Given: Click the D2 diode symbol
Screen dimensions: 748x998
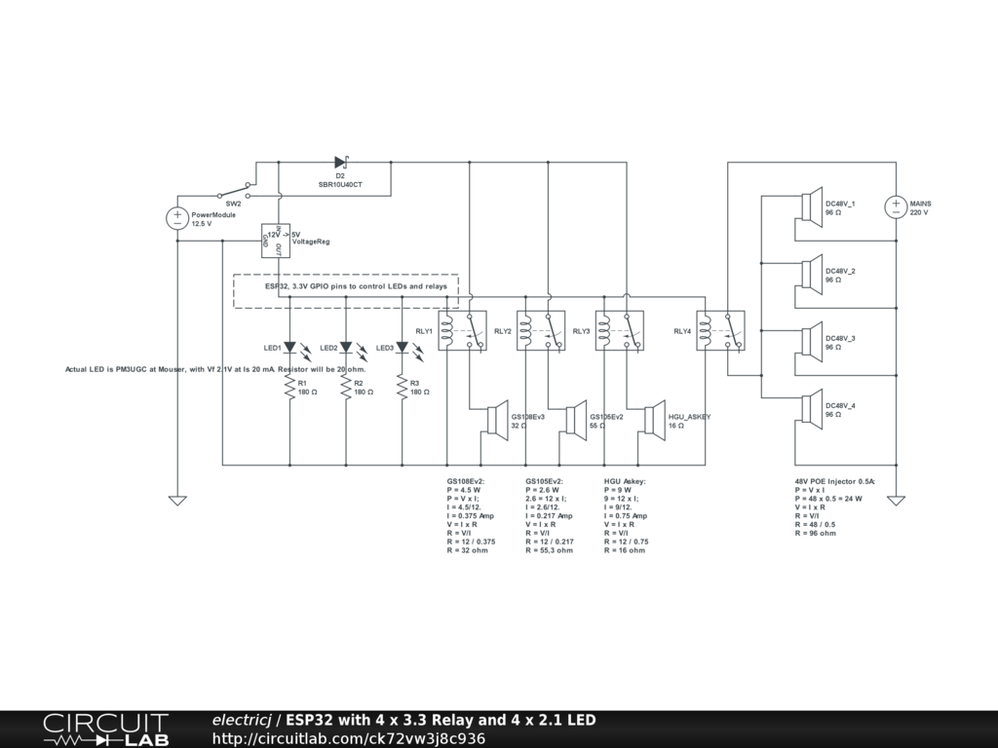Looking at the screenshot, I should (341, 163).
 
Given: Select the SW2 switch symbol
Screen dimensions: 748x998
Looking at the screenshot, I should (234, 190).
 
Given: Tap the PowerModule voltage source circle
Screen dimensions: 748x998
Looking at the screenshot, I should (177, 219).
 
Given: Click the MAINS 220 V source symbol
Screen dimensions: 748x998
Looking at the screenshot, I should (896, 207).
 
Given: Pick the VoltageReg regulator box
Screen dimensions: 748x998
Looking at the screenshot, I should (277, 241).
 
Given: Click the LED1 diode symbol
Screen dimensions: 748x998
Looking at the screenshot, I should (290, 347).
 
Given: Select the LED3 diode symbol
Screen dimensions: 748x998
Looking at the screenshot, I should (402, 347).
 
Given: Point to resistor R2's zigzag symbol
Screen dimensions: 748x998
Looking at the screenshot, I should (346, 387).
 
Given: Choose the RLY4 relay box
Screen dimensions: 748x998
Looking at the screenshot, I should (720, 329).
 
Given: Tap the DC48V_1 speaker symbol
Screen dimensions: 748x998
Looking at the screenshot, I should (808, 207).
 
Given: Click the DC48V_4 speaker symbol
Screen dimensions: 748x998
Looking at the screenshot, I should (808, 410).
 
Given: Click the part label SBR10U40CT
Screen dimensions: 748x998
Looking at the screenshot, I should (340, 184).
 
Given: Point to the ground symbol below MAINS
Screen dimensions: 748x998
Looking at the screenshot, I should (896, 500).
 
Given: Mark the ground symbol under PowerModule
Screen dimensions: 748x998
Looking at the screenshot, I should (177, 500).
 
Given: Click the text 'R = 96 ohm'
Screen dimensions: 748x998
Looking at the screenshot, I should (815, 533).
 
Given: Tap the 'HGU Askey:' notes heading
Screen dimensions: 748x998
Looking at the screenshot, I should (625, 480).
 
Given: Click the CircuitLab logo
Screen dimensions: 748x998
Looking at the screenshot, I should (105, 729).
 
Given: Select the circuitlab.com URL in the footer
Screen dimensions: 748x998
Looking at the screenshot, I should (348, 738).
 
